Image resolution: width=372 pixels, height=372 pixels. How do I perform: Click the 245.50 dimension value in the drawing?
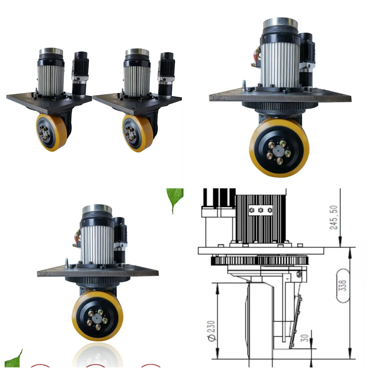point(334,217)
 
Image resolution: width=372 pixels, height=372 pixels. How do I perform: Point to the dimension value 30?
point(305,338)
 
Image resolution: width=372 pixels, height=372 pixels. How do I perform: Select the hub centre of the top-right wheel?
point(278,152)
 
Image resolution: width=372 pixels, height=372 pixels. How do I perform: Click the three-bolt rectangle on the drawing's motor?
point(261,210)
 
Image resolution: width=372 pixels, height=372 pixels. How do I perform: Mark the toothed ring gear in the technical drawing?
point(260,260)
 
